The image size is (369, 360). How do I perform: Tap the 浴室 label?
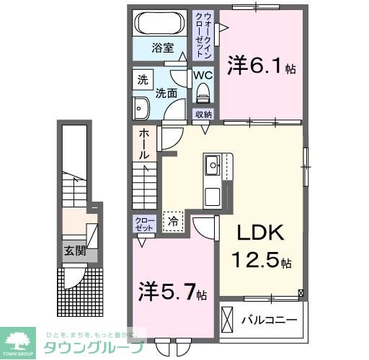(162, 49)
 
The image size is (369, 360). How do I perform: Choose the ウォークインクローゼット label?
(207, 35)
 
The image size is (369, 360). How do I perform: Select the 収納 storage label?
(203, 115)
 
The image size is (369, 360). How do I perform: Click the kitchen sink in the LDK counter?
(213, 166)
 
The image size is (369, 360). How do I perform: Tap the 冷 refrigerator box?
(173, 222)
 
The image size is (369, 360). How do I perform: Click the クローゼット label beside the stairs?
(142, 222)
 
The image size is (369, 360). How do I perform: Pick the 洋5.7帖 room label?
(173, 292)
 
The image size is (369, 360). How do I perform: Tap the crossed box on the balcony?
(228, 318)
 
